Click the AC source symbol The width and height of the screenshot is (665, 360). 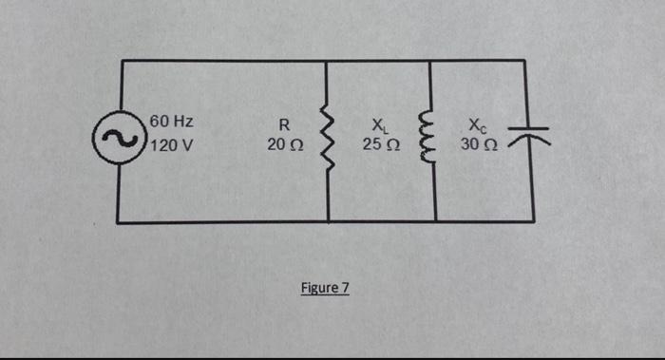pyautogui.click(x=122, y=140)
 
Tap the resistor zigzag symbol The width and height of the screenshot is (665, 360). pyautogui.click(x=329, y=137)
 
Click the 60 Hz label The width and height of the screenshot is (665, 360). pyautogui.click(x=172, y=123)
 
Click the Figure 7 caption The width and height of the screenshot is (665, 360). pyautogui.click(x=325, y=287)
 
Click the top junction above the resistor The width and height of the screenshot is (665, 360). pyautogui.click(x=327, y=61)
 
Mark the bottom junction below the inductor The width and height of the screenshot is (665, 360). pyautogui.click(x=435, y=222)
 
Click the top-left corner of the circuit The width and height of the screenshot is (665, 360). pyautogui.click(x=123, y=61)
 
